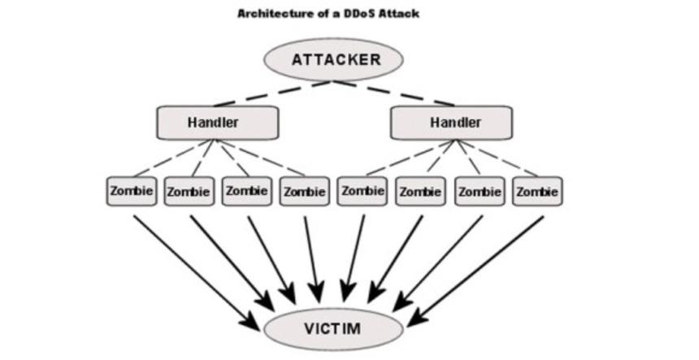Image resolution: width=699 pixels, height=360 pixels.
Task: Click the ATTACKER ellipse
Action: [x=333, y=59]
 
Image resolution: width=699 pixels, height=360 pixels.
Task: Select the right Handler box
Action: [x=451, y=123]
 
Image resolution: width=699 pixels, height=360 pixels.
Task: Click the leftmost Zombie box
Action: [x=130, y=192]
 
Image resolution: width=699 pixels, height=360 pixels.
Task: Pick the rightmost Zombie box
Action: [x=537, y=192]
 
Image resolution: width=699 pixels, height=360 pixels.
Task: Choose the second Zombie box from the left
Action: [x=189, y=192]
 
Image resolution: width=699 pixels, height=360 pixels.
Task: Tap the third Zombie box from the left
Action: [x=246, y=192]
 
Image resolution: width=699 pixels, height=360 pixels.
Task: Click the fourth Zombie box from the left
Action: [x=305, y=192]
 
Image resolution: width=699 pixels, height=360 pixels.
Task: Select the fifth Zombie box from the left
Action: [x=363, y=192]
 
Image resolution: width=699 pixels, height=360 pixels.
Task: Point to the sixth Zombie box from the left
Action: [x=420, y=192]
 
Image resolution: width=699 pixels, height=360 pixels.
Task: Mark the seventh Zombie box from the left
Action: [x=479, y=192]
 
